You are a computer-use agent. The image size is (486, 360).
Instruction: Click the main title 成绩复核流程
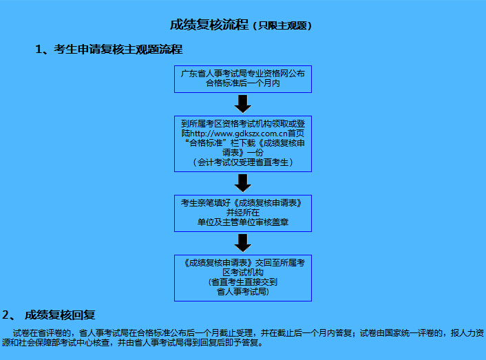coord(209,25)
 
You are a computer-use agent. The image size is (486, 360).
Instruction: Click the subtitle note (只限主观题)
coord(282,25)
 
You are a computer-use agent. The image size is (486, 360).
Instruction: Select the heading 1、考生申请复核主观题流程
coord(109,50)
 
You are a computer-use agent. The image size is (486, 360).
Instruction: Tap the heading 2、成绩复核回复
coord(49,315)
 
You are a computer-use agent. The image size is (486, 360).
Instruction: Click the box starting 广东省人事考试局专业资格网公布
coord(243,79)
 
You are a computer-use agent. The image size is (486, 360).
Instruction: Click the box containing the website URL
coord(243,144)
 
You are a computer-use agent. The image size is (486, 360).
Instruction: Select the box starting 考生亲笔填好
coord(243,213)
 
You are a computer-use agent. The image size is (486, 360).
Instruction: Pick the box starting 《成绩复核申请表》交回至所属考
coord(243,278)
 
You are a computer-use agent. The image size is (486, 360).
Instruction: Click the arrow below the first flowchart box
coord(243,104)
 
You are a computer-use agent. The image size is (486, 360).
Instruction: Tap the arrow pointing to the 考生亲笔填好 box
coord(243,183)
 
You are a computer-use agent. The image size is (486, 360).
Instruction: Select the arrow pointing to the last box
coord(243,243)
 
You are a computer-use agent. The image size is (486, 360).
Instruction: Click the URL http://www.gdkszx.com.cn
coord(239,134)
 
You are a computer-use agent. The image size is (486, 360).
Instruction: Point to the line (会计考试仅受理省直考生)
coord(243,162)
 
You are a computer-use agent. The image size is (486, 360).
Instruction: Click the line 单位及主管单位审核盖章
coord(243,222)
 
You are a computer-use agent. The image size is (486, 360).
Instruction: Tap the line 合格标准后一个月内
coord(243,83)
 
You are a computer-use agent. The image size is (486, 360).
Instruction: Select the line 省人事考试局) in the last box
coord(243,292)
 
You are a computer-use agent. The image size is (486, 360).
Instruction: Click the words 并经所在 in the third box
coord(243,213)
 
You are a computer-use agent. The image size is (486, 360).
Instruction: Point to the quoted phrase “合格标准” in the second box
coord(205,143)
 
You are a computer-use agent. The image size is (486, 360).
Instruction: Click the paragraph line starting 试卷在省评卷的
coord(249,333)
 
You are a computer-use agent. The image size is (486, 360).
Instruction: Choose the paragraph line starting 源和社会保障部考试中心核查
coord(132,343)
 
